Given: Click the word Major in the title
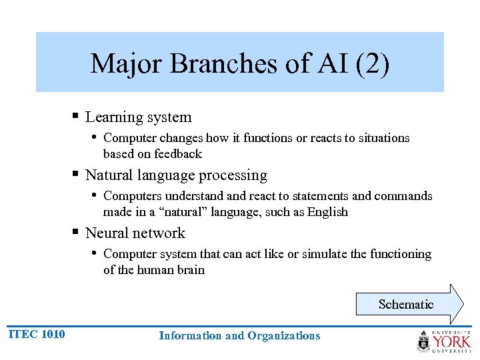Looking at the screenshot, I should click(x=127, y=64).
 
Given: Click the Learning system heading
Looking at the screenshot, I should click(x=139, y=117).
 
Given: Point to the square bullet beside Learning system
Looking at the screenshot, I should click(x=77, y=117).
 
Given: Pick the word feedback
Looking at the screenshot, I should click(x=178, y=154).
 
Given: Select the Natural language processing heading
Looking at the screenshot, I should click(x=176, y=175).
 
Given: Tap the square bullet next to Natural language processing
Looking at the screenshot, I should click(x=77, y=175).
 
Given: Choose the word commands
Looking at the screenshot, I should click(x=403, y=196).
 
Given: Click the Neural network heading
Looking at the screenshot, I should click(x=135, y=233).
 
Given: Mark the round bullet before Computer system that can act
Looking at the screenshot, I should click(x=95, y=253).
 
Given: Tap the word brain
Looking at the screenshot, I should click(x=191, y=270).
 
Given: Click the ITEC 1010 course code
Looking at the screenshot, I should click(x=37, y=334).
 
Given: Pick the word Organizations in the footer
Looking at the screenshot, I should click(x=284, y=336).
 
